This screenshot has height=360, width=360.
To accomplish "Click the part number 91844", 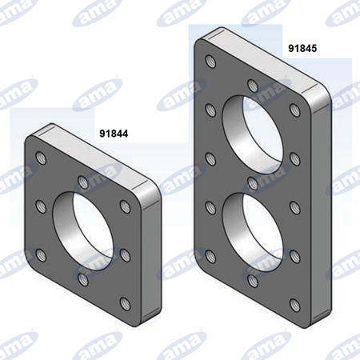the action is (114, 134).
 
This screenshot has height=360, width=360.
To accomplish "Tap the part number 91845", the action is (302, 48).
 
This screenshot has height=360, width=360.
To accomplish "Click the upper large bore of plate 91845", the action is (253, 134).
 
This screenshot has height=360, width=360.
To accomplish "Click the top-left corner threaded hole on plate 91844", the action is (41, 158).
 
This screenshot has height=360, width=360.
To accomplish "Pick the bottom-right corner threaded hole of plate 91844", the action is (125, 303).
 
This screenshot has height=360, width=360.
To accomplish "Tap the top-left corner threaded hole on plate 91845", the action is (211, 62).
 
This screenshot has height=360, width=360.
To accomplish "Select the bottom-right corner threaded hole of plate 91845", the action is (295, 305).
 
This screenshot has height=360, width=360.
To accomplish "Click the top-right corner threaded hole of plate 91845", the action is (295, 110).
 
